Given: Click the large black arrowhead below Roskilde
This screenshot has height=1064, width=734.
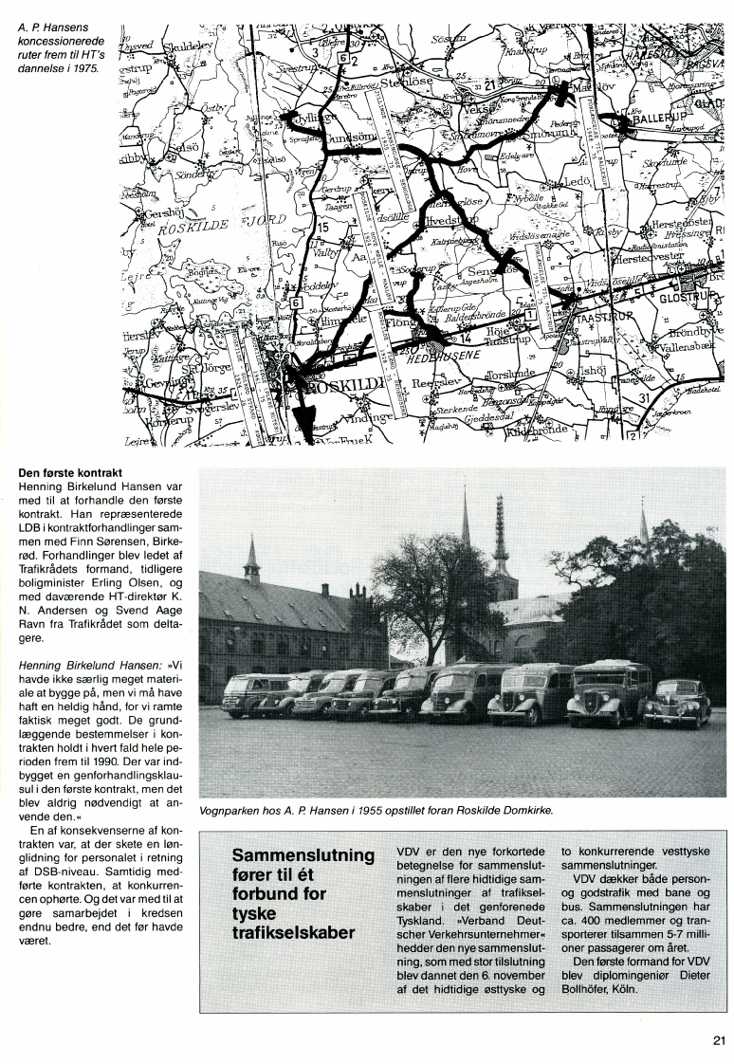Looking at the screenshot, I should (x=303, y=418).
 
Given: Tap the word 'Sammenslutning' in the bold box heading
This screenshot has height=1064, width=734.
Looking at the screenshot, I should (x=303, y=855).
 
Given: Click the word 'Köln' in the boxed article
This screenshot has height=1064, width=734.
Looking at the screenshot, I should (x=622, y=993).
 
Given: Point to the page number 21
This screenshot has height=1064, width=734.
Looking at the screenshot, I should (x=719, y=1038).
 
